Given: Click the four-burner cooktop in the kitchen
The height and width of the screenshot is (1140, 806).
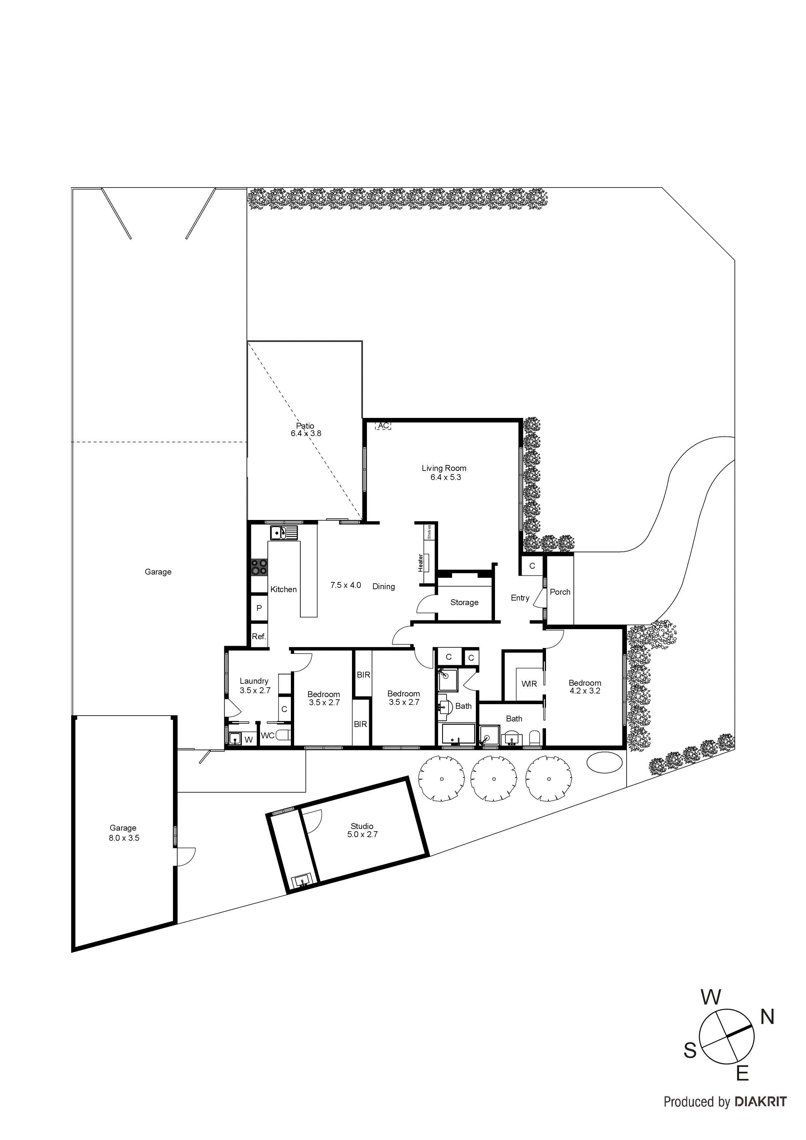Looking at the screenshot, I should tap(259, 567).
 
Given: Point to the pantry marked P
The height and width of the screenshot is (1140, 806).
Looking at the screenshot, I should tap(259, 608).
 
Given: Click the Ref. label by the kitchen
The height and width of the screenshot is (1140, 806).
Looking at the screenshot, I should tap(259, 637).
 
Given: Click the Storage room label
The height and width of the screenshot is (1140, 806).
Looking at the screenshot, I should tap(464, 602).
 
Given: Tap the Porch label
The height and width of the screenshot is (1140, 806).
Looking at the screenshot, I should tap(560, 592).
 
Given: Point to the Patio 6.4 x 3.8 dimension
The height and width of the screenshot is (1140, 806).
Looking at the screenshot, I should tap(306, 434).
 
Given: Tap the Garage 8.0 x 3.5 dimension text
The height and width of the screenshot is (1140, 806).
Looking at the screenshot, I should tap(123, 838).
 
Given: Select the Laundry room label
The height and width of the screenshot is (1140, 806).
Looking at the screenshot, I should tap(254, 681).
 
